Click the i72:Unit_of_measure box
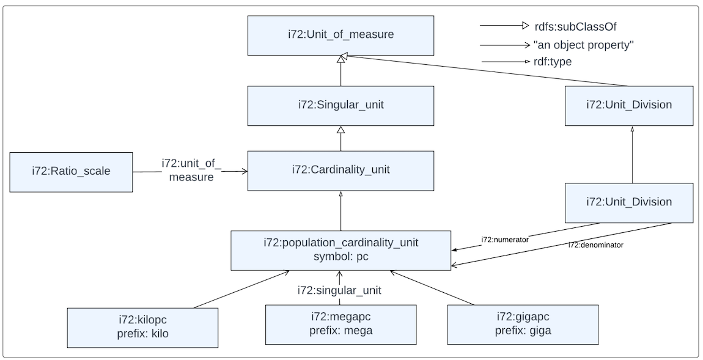click(340, 35)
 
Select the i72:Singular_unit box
click(340, 105)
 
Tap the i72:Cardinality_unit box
click(340, 171)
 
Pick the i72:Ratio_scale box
click(71, 172)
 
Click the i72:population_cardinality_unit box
click(340, 250)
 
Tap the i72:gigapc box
click(521, 325)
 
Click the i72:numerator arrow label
click(504, 239)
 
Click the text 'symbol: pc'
click(340, 257)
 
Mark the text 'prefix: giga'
click(521, 331)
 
